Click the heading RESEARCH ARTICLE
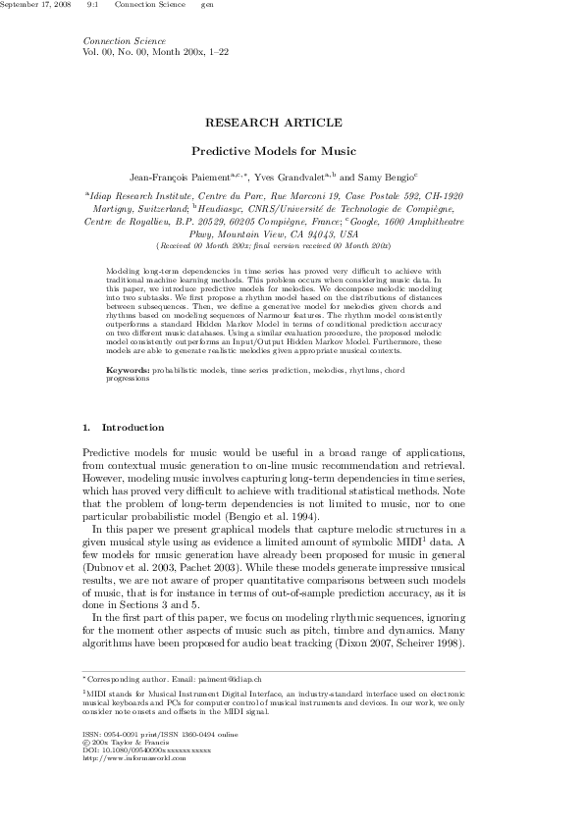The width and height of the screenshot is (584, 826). click(273, 123)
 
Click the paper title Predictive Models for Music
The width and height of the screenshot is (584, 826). click(273, 152)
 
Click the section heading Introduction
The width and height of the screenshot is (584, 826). click(133, 429)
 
